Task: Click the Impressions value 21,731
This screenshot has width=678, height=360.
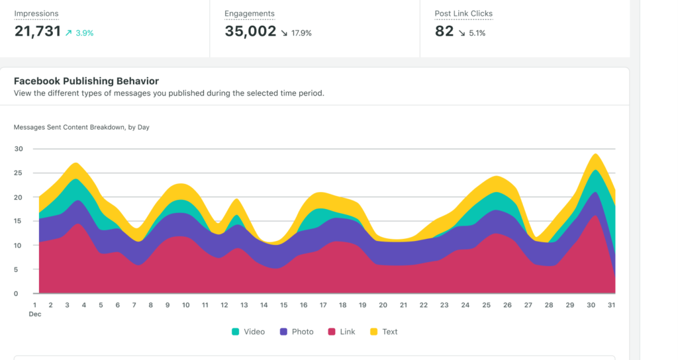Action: [37, 31]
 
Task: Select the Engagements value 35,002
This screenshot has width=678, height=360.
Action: [250, 31]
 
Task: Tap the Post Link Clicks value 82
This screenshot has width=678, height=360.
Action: [444, 31]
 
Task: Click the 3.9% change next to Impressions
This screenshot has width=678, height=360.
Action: [80, 32]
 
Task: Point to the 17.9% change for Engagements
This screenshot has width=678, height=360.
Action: [296, 32]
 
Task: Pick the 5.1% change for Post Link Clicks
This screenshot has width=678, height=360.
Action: [472, 32]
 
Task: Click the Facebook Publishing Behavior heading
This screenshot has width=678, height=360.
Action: [86, 81]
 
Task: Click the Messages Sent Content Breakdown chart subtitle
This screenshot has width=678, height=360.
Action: [81, 127]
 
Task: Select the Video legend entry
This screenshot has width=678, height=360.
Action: [248, 332]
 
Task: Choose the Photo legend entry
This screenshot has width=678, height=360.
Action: [297, 332]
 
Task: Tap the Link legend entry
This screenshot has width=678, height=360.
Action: [342, 332]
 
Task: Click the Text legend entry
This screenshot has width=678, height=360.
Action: [384, 332]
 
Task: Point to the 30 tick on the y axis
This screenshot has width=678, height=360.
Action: [19, 149]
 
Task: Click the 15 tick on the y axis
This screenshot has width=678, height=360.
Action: [19, 221]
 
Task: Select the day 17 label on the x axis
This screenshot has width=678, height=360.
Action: [323, 305]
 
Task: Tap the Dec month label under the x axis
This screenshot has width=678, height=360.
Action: [35, 314]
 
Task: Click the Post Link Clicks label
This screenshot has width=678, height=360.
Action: [463, 13]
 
